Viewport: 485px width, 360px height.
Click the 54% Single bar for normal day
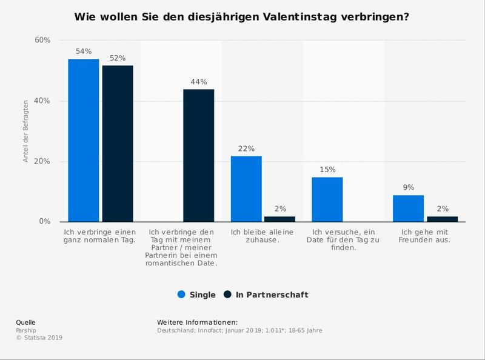[x=83, y=140]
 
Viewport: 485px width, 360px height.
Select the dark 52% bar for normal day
[x=118, y=143]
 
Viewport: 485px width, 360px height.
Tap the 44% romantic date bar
[x=199, y=155]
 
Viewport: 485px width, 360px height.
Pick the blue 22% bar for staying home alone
[x=246, y=188]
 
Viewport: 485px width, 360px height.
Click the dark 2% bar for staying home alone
[x=279, y=219]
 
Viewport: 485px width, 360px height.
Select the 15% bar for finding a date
[x=327, y=199]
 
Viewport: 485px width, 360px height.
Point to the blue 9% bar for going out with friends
[x=408, y=208]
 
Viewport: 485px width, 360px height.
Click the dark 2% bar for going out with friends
[x=442, y=219]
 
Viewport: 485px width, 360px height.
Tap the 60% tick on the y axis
[x=42, y=40]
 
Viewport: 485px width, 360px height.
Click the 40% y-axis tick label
[x=42, y=101]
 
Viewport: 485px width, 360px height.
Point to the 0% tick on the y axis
[x=44, y=222]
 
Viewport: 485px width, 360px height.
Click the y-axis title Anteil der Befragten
[x=26, y=132]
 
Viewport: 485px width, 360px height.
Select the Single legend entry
[x=196, y=295]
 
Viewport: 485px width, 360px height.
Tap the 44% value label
[x=199, y=82]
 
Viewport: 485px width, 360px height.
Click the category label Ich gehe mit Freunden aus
[x=424, y=236]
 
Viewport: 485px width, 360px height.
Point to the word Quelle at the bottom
[x=25, y=322]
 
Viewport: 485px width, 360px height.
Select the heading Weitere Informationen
[x=197, y=322]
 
